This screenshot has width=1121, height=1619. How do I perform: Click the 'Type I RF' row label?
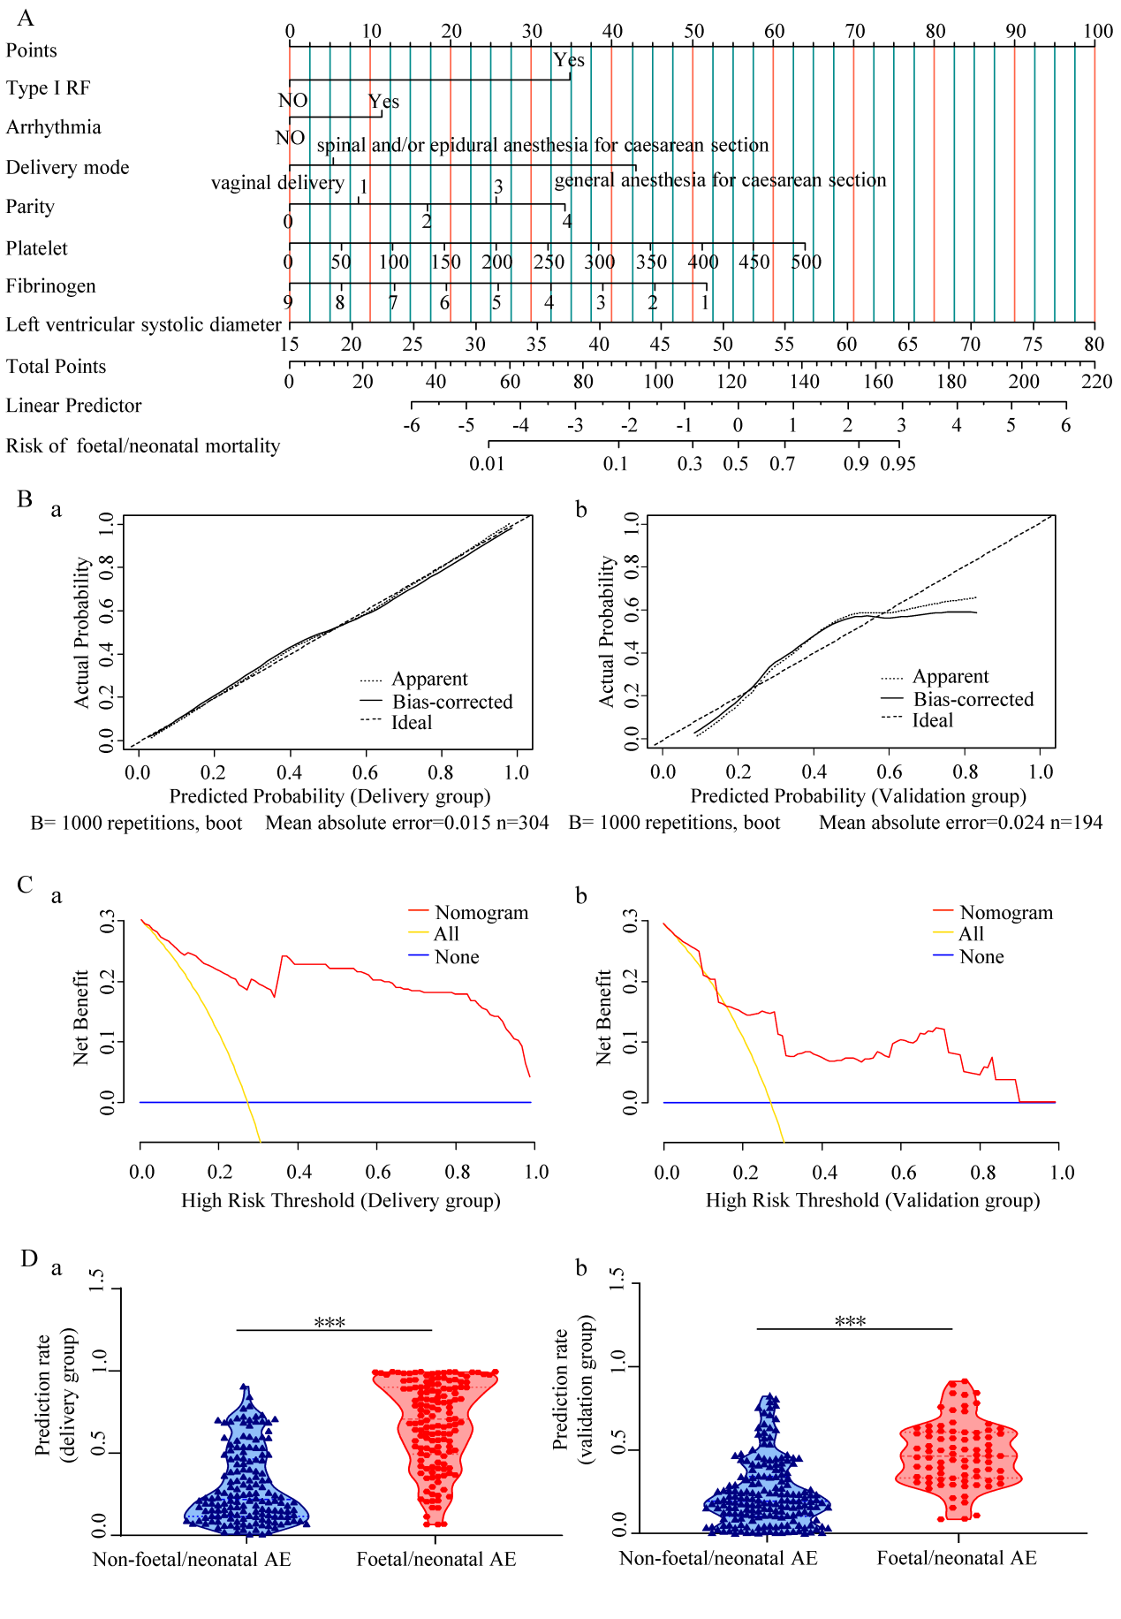click(x=48, y=88)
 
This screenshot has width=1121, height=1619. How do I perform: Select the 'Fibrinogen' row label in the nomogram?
click(x=50, y=286)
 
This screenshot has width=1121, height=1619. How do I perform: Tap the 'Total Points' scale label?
click(x=56, y=367)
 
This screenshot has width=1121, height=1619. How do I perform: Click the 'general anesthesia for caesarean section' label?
click(x=720, y=180)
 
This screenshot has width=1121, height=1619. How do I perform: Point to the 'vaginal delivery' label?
click(x=277, y=183)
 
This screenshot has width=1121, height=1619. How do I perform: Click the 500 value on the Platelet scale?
click(x=806, y=262)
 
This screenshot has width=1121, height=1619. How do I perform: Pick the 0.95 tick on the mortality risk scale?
click(x=898, y=464)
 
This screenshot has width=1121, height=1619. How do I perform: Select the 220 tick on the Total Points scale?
click(x=1096, y=382)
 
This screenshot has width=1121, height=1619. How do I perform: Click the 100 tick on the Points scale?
click(x=1097, y=31)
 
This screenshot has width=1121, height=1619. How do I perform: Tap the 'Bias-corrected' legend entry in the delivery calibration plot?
click(x=452, y=702)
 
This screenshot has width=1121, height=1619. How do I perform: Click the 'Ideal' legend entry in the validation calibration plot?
click(x=933, y=720)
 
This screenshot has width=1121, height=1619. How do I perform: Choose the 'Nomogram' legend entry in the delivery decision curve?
click(x=481, y=913)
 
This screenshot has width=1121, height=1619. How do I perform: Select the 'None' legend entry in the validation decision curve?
click(x=981, y=956)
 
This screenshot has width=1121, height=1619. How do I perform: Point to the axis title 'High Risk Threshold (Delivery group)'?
click(x=341, y=1200)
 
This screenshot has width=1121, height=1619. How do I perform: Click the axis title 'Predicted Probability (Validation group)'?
click(x=858, y=796)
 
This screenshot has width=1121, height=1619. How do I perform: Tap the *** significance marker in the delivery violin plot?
click(x=329, y=1323)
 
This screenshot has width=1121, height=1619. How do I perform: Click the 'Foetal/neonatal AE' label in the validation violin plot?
click(x=957, y=1558)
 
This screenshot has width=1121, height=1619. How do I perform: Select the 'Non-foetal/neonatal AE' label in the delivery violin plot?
click(x=192, y=1559)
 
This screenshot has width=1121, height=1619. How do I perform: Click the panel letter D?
click(x=29, y=1258)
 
